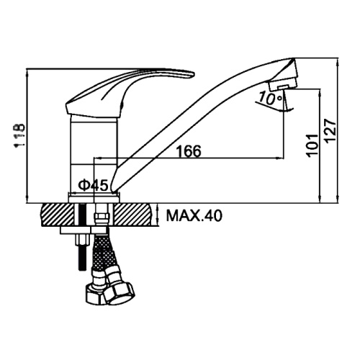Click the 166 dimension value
click(x=189, y=151)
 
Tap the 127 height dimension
click(x=330, y=131)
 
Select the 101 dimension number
click(x=312, y=146)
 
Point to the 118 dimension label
click(x=19, y=136)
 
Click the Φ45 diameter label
click(x=94, y=185)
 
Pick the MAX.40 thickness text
click(x=194, y=215)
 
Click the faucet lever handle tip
click(x=193, y=74)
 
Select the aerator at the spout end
click(x=283, y=84)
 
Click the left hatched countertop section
click(x=58, y=215)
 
